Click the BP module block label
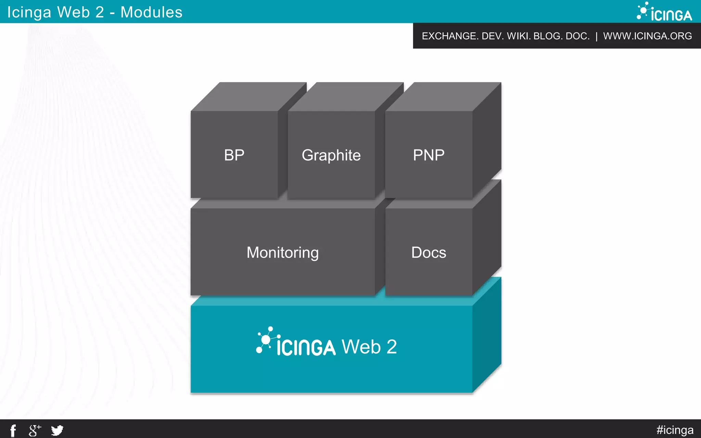click(x=234, y=155)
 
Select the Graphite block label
click(x=331, y=155)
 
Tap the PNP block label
click(x=429, y=155)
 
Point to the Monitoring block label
click(x=282, y=253)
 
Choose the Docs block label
click(x=429, y=253)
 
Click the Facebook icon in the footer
click(x=13, y=430)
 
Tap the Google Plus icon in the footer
click(x=35, y=430)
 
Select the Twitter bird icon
click(x=57, y=430)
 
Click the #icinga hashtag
click(x=675, y=430)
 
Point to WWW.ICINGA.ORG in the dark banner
click(x=647, y=36)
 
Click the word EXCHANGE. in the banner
click(x=450, y=36)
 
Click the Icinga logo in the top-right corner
click(x=664, y=12)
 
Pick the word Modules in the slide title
click(x=151, y=12)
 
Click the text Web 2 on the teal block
click(x=369, y=347)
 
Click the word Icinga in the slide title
click(x=29, y=12)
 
